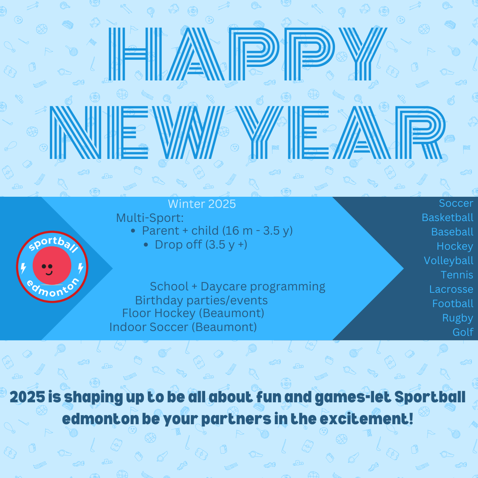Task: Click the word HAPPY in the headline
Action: click(x=247, y=54)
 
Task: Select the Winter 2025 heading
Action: click(x=202, y=204)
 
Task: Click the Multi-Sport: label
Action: click(x=150, y=218)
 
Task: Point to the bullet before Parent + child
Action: click(x=133, y=231)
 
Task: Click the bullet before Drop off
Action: click(x=146, y=245)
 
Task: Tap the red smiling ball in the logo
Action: click(x=52, y=265)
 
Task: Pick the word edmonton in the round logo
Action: click(x=53, y=287)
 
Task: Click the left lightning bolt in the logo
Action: click(x=24, y=268)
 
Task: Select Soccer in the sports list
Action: click(x=456, y=203)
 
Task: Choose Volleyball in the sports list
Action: click(x=449, y=261)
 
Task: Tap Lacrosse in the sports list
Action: click(x=451, y=289)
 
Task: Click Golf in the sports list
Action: click(x=463, y=332)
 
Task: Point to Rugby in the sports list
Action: click(x=458, y=318)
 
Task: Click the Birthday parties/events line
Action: click(x=201, y=301)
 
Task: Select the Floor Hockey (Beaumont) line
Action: click(x=193, y=313)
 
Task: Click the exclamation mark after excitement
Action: click(x=411, y=419)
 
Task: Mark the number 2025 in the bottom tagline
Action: click(x=27, y=397)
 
